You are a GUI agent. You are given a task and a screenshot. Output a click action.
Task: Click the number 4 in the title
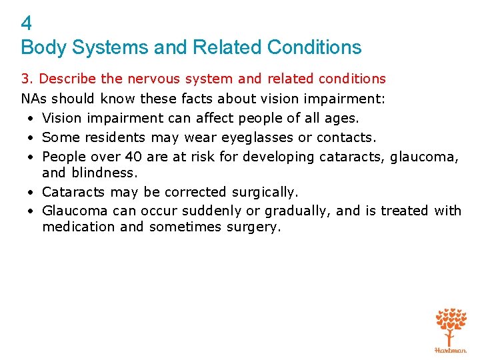click(26, 24)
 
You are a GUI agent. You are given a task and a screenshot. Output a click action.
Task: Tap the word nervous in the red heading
click(153, 79)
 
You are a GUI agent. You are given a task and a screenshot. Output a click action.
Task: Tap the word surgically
click(263, 192)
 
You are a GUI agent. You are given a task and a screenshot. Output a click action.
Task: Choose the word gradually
click(295, 211)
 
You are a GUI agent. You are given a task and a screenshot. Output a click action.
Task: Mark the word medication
click(75, 227)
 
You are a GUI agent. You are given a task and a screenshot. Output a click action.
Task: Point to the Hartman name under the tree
click(451, 350)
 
